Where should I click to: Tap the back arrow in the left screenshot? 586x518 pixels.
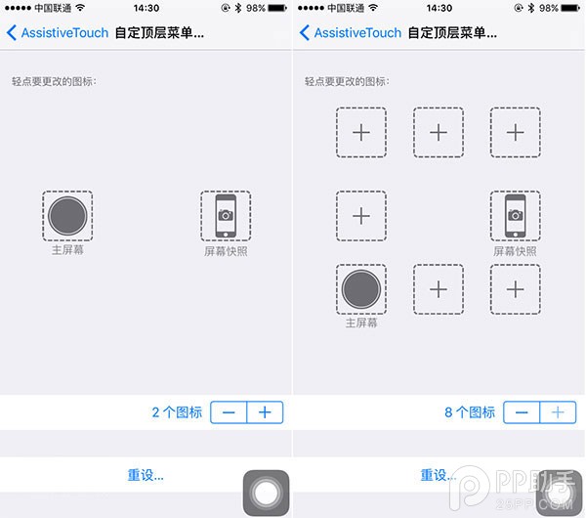(12, 33)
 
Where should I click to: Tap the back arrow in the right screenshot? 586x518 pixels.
(305, 33)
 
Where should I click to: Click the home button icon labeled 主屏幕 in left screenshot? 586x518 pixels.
(67, 216)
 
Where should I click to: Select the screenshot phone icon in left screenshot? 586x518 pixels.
(226, 216)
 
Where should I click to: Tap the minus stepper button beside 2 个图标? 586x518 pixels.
(229, 412)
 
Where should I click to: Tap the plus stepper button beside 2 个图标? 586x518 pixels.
(265, 412)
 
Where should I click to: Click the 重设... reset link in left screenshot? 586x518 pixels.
(146, 475)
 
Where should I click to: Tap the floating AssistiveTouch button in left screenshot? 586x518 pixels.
(266, 493)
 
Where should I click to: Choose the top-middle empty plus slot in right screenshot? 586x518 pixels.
(439, 132)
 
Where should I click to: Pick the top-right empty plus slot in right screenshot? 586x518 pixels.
(516, 132)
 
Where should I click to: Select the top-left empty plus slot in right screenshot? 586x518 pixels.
(361, 132)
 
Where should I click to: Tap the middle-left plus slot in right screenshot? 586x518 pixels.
(361, 216)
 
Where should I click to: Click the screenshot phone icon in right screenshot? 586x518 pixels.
(516, 216)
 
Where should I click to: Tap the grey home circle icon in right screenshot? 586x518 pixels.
(361, 289)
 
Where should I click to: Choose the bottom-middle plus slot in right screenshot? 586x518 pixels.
(439, 289)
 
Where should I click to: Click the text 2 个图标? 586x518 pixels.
(177, 412)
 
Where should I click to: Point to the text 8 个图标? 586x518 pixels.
(470, 412)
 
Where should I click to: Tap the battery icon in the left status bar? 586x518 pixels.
(277, 8)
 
